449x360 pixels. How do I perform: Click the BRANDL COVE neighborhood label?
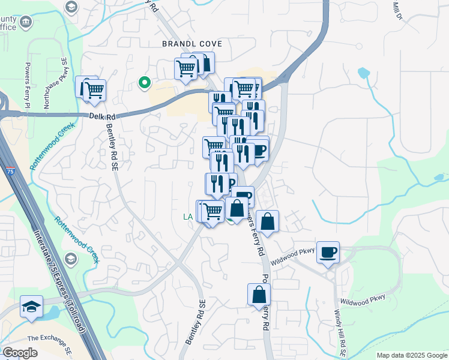pyautogui.click(x=191, y=44)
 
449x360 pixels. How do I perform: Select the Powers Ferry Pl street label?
pyautogui.click(x=28, y=82)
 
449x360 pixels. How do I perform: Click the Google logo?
pyautogui.click(x=20, y=353)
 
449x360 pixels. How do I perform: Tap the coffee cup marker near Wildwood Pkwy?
pyautogui.click(x=328, y=253)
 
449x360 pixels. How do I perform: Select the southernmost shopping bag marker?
pyautogui.click(x=259, y=295)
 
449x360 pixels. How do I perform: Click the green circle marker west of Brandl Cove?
pyautogui.click(x=143, y=83)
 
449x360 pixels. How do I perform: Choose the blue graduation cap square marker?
pyautogui.click(x=31, y=307)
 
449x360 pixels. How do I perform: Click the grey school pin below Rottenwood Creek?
pyautogui.click(x=71, y=259)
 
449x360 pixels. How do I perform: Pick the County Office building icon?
pyautogui.click(x=26, y=23)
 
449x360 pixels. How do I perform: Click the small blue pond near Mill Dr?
pyautogui.click(x=363, y=74)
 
